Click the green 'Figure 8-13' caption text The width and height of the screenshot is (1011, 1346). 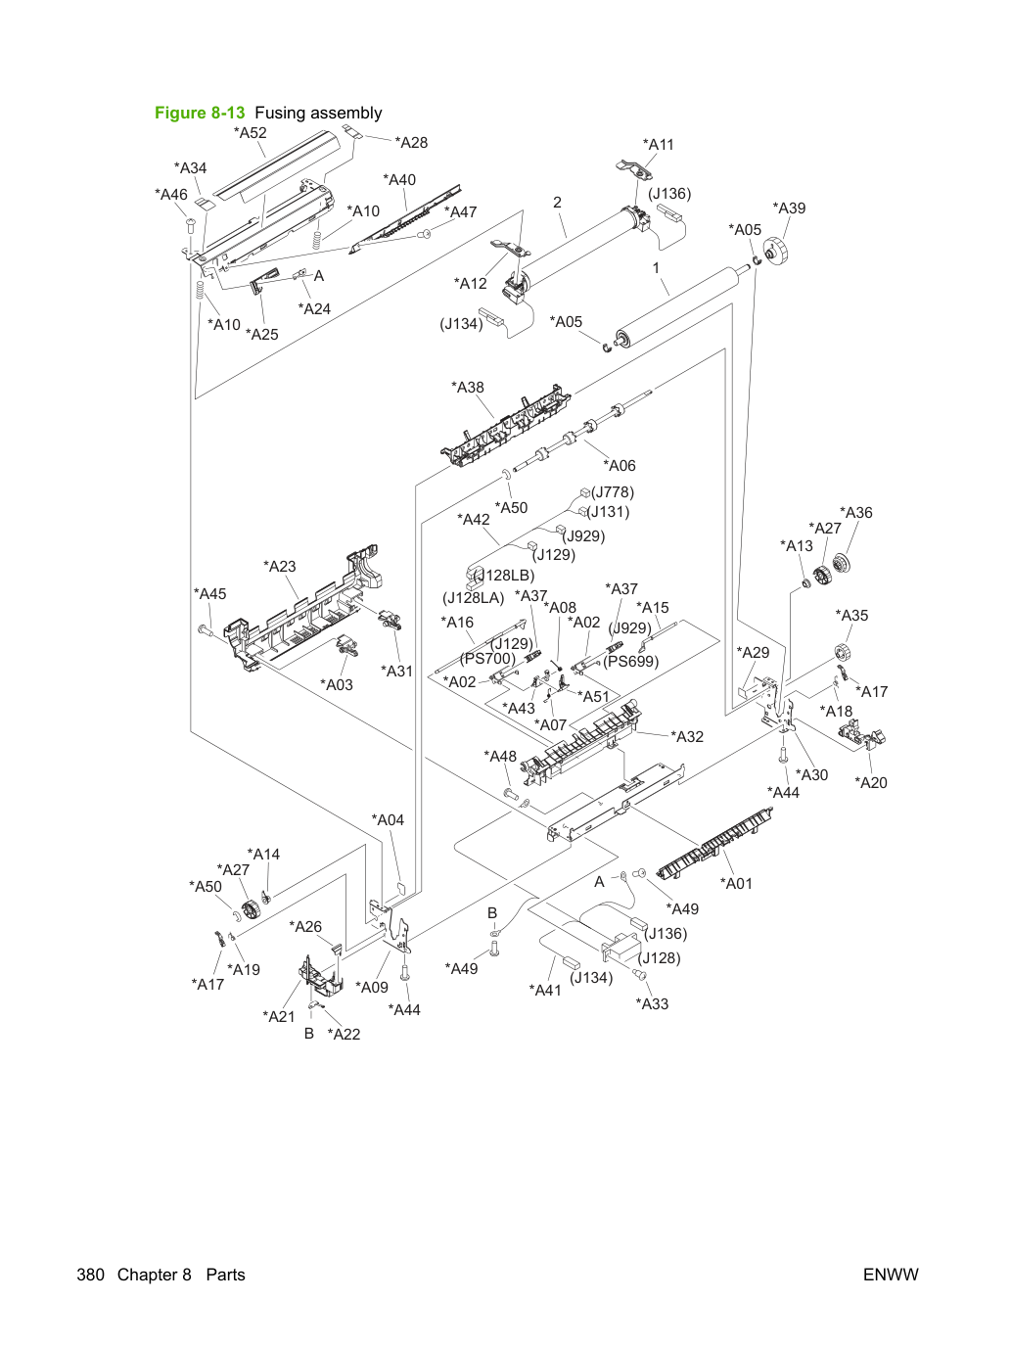tap(200, 113)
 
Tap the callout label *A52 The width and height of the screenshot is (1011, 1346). tap(251, 132)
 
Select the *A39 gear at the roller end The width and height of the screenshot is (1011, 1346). tap(775, 252)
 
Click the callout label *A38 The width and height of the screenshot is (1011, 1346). tap(467, 388)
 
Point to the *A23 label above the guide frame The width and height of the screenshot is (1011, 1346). tap(280, 566)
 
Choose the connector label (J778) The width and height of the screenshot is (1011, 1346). tap(613, 492)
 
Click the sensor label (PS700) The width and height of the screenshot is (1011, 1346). tap(488, 659)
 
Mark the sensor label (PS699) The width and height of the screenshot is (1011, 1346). tap(631, 661)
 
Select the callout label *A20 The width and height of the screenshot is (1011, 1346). tap(871, 782)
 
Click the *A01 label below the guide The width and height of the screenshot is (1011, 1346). tap(736, 883)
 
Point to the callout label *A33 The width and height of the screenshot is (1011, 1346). tap(652, 1003)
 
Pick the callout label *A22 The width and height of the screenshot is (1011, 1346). tap(344, 1034)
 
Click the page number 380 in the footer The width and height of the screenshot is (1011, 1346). tap(91, 1275)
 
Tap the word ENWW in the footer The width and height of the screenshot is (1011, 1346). tap(891, 1275)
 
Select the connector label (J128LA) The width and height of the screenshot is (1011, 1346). tap(474, 598)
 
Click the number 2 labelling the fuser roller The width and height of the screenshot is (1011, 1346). tap(557, 203)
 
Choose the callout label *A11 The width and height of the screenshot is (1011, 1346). tap(658, 145)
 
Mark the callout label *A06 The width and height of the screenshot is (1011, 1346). tap(620, 465)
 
